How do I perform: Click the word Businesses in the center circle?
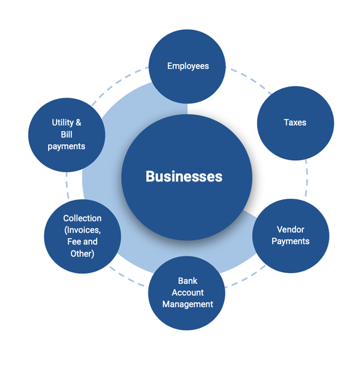(x=184, y=176)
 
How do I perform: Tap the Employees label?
(x=188, y=66)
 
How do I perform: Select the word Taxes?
(x=295, y=122)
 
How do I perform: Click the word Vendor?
(x=290, y=229)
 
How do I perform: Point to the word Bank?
(x=188, y=281)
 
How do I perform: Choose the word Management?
(x=188, y=304)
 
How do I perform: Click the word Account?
(x=188, y=293)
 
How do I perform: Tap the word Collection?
(x=82, y=218)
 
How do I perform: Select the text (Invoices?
(x=82, y=230)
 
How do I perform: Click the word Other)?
(x=82, y=254)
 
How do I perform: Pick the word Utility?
(x=63, y=122)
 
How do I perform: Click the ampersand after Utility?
(x=78, y=122)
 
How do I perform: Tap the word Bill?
(x=67, y=135)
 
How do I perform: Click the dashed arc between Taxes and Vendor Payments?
(x=307, y=180)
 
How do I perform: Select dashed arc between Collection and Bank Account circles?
(x=126, y=277)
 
